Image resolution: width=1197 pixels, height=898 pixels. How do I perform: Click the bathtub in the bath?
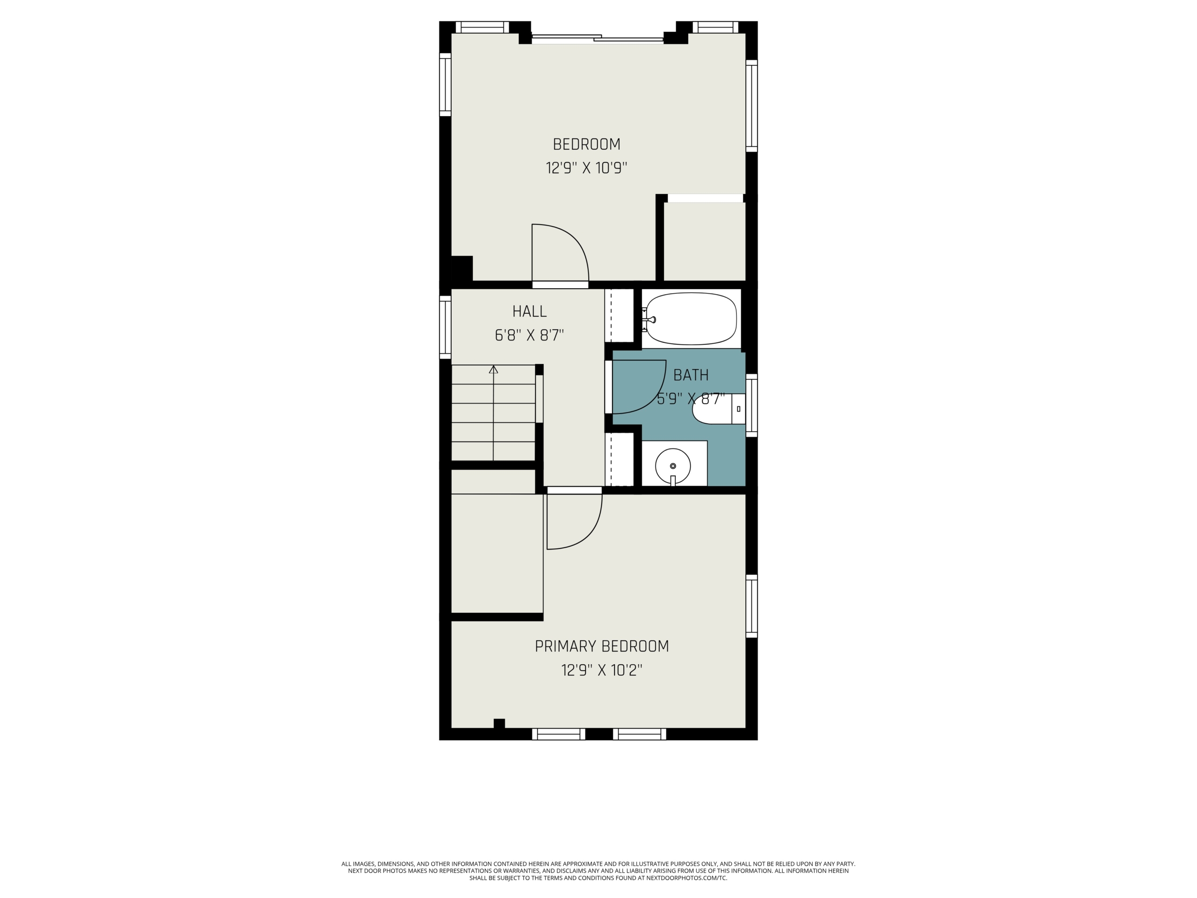[691, 319]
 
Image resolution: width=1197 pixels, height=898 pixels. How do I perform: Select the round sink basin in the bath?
[673, 465]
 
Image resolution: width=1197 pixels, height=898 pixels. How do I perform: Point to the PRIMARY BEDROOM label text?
[602, 646]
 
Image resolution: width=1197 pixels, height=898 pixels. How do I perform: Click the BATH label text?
[691, 375]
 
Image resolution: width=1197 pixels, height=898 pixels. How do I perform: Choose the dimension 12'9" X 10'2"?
[602, 670]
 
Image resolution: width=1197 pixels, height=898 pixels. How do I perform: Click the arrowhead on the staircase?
[493, 369]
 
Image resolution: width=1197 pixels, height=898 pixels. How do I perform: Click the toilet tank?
[739, 409]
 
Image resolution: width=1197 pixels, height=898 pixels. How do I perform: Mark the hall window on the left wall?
[445, 327]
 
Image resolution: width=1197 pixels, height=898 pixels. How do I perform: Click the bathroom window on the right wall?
[752, 405]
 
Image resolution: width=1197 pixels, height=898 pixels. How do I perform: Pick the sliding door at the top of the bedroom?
[598, 38]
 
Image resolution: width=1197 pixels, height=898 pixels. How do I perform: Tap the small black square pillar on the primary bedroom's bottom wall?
[499, 723]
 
